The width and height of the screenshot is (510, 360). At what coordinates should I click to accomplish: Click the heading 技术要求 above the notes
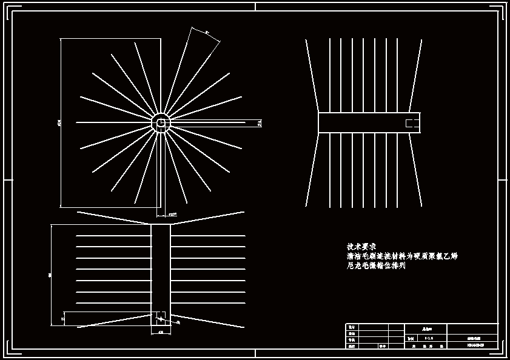click(361, 247)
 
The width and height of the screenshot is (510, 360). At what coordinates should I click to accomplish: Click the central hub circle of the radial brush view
click(161, 122)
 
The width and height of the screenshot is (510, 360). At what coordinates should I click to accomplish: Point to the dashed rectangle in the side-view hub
click(412, 123)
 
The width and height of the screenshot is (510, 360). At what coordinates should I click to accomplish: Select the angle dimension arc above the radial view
click(206, 33)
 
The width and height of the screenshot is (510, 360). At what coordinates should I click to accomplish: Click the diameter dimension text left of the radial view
click(59, 123)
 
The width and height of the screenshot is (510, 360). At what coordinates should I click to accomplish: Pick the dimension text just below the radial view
click(172, 215)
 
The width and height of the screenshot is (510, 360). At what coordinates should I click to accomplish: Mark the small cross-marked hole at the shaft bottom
click(161, 318)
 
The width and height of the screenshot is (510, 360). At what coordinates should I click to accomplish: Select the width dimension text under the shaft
click(161, 333)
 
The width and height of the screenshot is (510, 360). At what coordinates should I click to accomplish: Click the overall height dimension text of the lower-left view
click(50, 275)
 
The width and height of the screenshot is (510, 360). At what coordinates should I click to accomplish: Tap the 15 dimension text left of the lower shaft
click(62, 318)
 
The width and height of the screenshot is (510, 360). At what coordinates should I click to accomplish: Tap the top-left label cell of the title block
click(351, 327)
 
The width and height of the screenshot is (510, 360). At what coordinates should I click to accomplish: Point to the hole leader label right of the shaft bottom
click(176, 322)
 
